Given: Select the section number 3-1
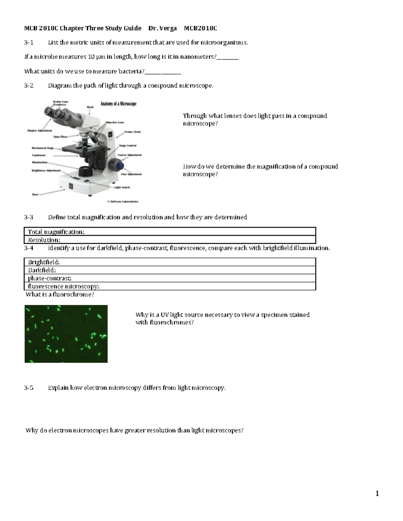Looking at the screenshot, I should [x=29, y=43].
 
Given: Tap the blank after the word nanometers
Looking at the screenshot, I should [x=228, y=57].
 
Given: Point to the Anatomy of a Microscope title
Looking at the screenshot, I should [x=118, y=104].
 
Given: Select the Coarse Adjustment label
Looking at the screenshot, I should [x=129, y=155].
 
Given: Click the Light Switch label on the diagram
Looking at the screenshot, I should [x=122, y=187].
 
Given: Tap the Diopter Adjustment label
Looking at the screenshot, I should [x=40, y=131].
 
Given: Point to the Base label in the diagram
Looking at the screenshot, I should [x=35, y=194].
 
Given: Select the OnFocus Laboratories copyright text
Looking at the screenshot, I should [x=123, y=202].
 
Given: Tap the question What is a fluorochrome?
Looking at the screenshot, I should [x=60, y=295].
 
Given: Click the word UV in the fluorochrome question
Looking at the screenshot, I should [x=164, y=315].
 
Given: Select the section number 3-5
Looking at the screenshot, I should [x=29, y=388].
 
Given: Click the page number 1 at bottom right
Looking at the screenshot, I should [x=377, y=493].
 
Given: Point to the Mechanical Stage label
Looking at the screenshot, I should [x=43, y=148].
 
